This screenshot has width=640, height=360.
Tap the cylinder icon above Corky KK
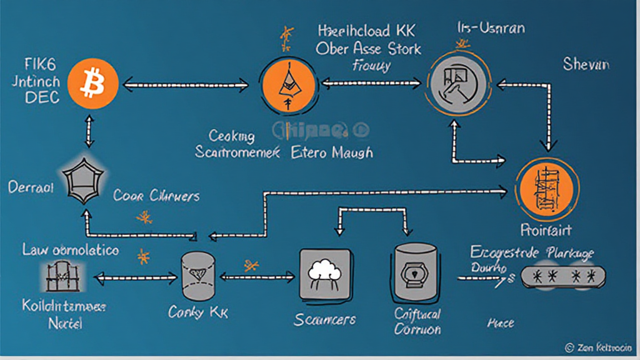[x=199, y=276]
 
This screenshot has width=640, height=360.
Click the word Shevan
[x=586, y=64]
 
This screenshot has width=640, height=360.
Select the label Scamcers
[x=324, y=319]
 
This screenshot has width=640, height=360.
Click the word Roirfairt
[x=546, y=230]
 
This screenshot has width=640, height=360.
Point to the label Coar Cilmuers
[x=156, y=196]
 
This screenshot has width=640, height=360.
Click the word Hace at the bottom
[x=500, y=323]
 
